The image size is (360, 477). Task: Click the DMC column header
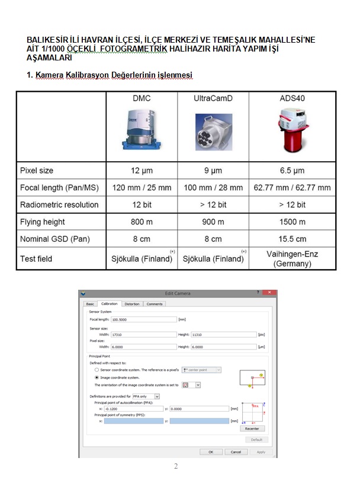[142, 98]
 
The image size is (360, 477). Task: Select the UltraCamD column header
[213, 98]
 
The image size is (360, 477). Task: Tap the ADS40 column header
[292, 98]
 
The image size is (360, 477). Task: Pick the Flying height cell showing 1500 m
[292, 222]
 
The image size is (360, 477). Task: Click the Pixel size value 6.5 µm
[292, 171]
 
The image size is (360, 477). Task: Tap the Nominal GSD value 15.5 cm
[292, 239]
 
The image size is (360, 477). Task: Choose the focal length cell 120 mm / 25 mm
[142, 188]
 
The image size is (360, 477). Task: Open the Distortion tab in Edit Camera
[132, 304]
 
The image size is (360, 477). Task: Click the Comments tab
[155, 304]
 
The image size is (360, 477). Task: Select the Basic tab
[90, 304]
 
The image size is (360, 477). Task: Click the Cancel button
[236, 452]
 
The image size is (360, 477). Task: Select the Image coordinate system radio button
[97, 377]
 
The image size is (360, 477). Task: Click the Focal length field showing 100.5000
[143, 319]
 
